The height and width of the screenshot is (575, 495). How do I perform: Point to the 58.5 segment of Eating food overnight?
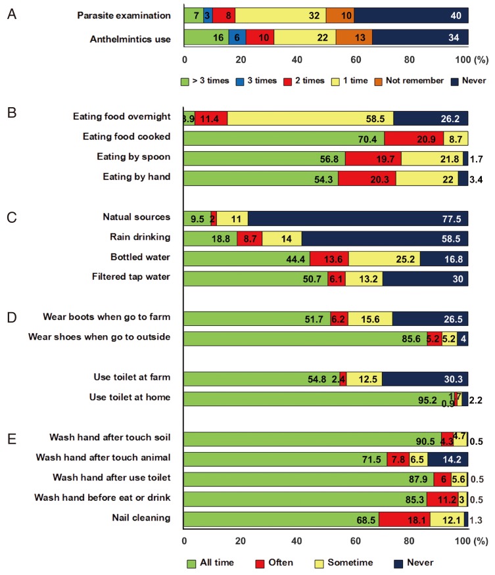click(x=310, y=118)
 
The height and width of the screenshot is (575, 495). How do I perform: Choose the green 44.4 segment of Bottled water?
click(x=247, y=258)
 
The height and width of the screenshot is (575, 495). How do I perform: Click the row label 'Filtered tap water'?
click(x=132, y=277)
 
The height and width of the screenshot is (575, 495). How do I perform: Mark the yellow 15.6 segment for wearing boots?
click(x=369, y=319)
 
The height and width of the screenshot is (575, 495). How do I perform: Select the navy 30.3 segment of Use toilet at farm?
click(x=425, y=379)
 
